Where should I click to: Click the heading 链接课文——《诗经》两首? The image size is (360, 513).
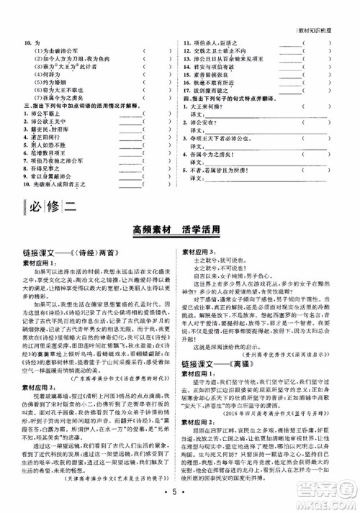69,252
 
